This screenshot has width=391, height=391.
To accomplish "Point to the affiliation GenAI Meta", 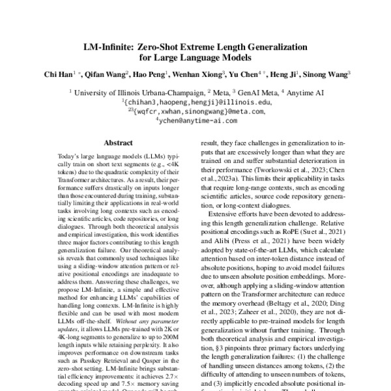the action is click(x=247, y=93).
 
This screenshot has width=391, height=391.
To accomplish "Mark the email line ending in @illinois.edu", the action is click(x=195, y=102).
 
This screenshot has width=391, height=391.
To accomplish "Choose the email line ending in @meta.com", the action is click(x=195, y=111).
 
